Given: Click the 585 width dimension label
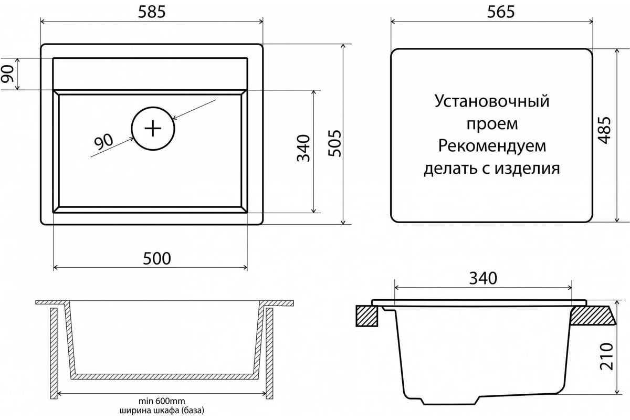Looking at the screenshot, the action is pos(152,12).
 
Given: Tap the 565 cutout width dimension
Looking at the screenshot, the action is pos(501,12).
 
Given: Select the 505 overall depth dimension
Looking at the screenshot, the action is pos(335,143).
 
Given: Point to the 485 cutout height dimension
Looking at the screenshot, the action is pos(604,130).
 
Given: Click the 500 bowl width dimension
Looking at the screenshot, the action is pos(156,258).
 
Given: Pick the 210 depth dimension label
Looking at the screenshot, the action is pos(606,356).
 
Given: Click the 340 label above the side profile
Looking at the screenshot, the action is pos(483,278).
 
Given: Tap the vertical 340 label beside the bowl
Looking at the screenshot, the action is pos(303,148).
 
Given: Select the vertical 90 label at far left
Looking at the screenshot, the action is pos(7,73).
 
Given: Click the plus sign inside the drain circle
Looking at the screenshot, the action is pos(153,129).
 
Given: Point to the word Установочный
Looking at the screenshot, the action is pos(492,101).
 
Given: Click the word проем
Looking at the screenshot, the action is pos(492,123).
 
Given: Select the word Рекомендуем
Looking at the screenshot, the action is pos(492,146).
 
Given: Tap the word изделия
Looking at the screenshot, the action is pos(527,169).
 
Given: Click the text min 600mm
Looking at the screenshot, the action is pos(162,401).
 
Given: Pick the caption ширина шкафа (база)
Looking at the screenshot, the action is pos(162,410).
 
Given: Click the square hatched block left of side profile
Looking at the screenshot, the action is pos(367,316).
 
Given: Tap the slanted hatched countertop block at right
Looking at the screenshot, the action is pos(593,316).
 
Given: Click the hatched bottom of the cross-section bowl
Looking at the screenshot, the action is pos(164,376).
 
